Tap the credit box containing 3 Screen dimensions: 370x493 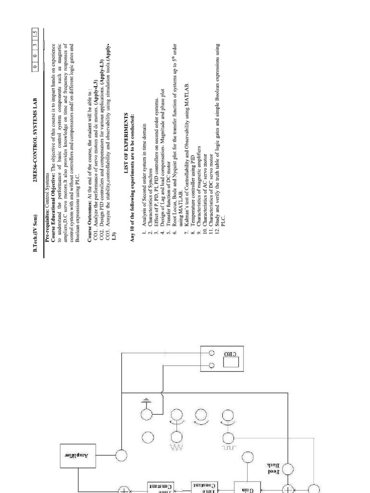click(35, 42)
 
